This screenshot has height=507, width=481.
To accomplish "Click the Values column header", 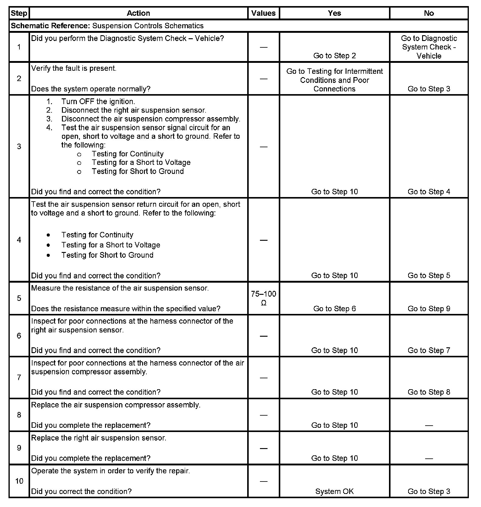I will coord(263,13).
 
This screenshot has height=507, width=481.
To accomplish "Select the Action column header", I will coord(138,13).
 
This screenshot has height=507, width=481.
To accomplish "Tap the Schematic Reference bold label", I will coord(50,26).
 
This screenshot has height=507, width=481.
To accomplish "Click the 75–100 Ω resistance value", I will coord(264,298).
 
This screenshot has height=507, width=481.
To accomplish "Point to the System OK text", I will coord(334,491).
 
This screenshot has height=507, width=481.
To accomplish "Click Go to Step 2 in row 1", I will coord(334,56).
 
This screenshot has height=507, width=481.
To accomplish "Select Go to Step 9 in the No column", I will coord(429,309).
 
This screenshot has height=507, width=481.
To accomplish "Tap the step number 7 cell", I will coord(19,377).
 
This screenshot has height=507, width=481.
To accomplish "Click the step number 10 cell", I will coord(19,481).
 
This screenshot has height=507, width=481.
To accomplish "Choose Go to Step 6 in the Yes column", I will coord(334,309).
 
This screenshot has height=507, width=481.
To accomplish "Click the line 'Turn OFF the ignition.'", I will coord(98,101).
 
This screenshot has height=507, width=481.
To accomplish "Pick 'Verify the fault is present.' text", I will coord(74,68).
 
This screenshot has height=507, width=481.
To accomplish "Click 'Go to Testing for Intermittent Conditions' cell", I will coord(334,80).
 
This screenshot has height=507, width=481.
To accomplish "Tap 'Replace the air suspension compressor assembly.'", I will coord(116,405).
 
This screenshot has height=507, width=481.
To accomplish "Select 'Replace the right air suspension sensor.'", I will coord(99,438).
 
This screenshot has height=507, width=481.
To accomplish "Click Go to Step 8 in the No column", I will coord(429,392).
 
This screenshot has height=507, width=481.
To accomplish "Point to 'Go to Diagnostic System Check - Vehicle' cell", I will coord(429,47).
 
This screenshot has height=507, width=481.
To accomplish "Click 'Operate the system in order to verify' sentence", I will coord(111,471).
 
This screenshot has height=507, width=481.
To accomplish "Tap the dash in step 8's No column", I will coord(429,425).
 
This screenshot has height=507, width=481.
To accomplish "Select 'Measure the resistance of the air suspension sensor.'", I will coord(120,288).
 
